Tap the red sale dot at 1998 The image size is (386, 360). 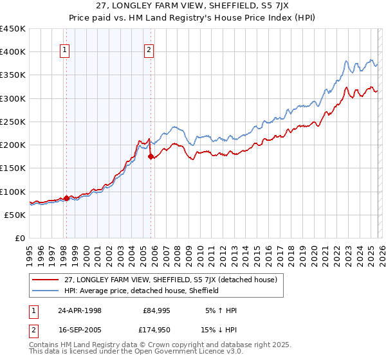[x=66, y=198]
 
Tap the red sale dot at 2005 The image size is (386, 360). [x=151, y=156]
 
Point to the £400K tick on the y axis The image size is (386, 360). [x=13, y=52]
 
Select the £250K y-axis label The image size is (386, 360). [x=13, y=122]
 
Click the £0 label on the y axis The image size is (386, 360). [x=19, y=238]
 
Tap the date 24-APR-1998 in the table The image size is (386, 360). [x=79, y=310]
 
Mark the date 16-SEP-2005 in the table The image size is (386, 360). [x=79, y=331]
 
